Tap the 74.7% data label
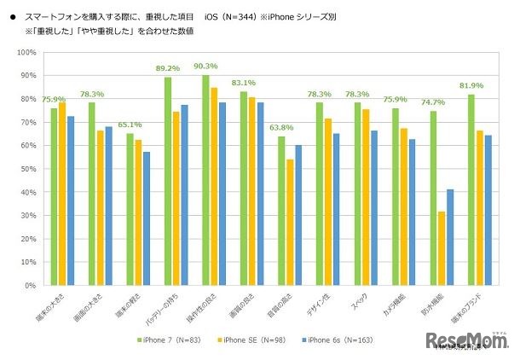(x=434, y=102)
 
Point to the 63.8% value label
(x=281, y=128)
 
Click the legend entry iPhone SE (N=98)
(x=260, y=340)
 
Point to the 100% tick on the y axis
(x=26, y=53)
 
